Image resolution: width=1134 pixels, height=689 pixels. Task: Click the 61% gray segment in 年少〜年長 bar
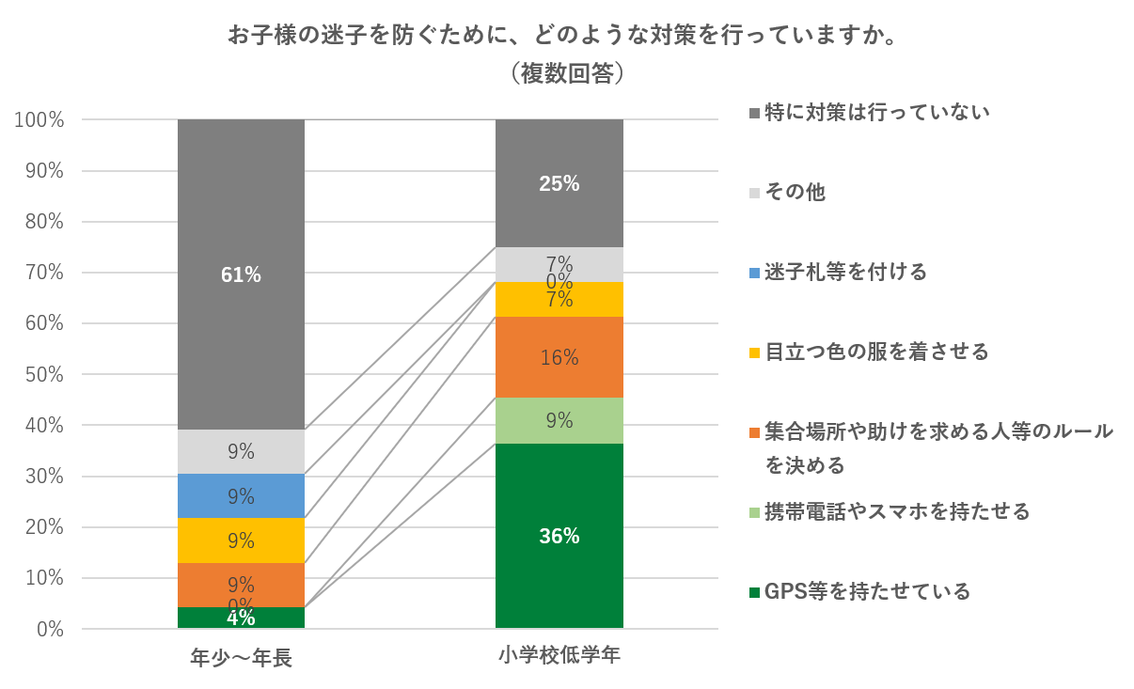coord(241,274)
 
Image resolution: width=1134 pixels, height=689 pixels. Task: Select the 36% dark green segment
coord(559,536)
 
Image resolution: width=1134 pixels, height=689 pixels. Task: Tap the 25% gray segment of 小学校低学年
coord(559,183)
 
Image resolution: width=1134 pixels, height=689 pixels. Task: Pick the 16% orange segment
coord(559,357)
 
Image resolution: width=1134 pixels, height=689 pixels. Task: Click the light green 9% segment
coord(559,420)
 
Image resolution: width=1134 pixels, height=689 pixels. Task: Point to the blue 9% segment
coord(241,495)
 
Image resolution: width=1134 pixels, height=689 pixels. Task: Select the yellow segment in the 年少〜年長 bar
coord(241,540)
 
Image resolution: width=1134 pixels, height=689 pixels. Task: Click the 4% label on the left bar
coord(241,619)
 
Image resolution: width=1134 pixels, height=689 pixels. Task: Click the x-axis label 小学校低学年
coord(559,655)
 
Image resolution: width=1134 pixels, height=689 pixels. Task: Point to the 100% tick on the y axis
coord(39,120)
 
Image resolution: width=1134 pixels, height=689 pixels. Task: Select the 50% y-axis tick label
coord(43,375)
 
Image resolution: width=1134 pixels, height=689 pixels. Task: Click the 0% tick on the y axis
coord(49,629)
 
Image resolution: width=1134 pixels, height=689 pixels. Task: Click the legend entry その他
coord(795,192)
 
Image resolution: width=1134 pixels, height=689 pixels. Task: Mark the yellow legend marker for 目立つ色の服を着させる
coord(754,352)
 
